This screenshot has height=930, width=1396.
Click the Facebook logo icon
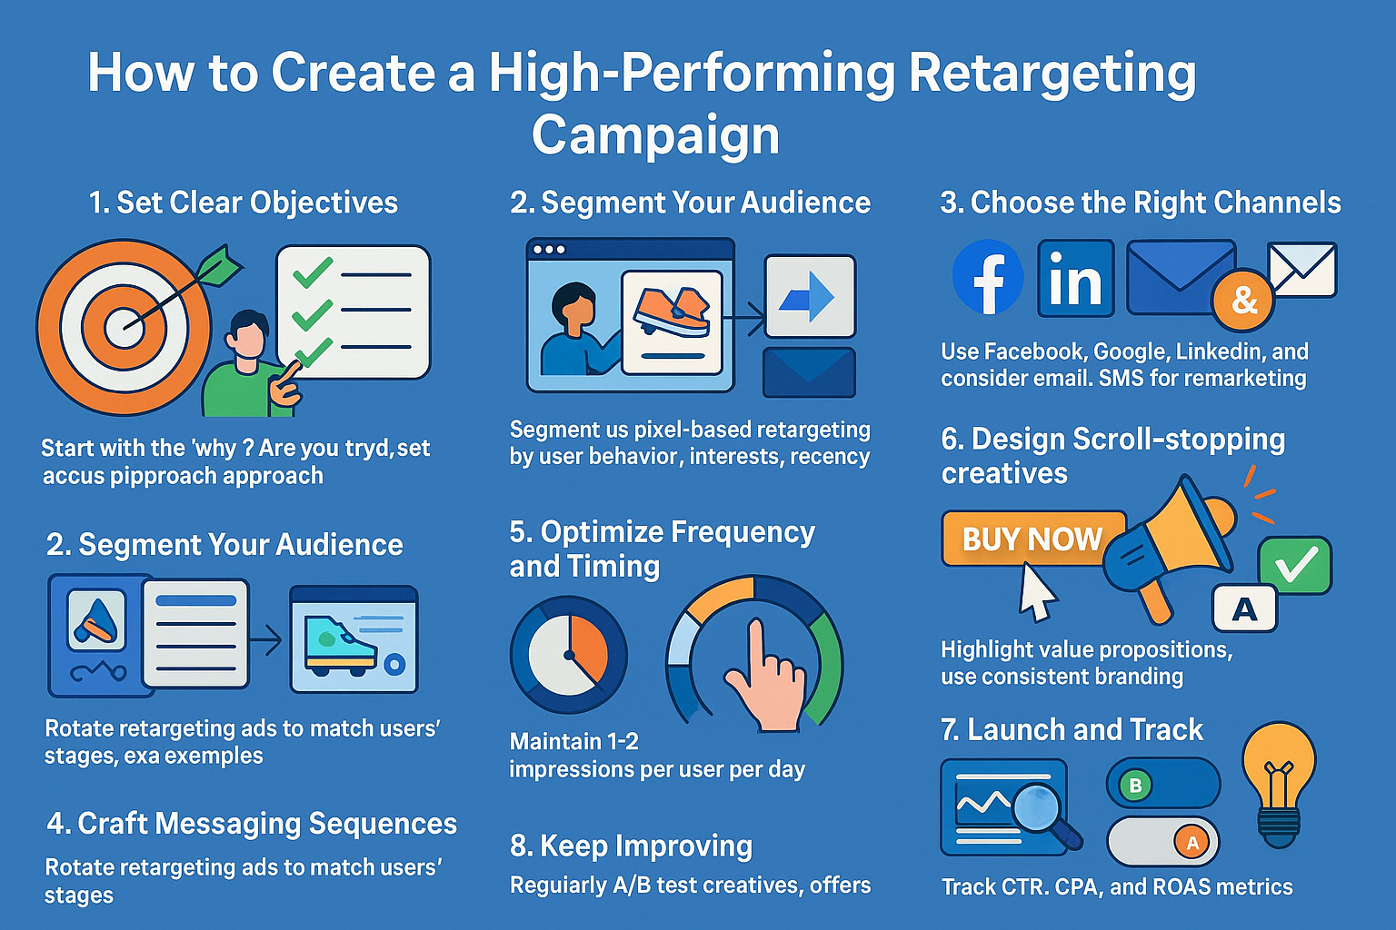[x=987, y=277]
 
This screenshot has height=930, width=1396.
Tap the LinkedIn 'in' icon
[x=1075, y=278]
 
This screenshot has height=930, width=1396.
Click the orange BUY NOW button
[x=1032, y=539]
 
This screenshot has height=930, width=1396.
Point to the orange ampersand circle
[x=1243, y=300]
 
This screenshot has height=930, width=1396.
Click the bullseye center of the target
[x=125, y=326]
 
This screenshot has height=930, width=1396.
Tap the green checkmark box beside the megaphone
[x=1295, y=566]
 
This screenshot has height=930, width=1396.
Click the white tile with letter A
[x=1244, y=608]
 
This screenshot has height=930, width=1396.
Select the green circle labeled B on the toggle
[x=1135, y=785]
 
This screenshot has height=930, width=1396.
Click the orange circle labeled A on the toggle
[x=1192, y=842]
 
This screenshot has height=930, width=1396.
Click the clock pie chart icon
[x=569, y=654]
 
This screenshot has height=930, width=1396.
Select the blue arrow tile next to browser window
[x=809, y=296]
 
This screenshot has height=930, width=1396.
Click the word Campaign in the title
[x=655, y=136]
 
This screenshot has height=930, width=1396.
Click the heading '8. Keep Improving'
[x=631, y=846]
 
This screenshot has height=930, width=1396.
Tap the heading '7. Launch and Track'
[x=1072, y=729]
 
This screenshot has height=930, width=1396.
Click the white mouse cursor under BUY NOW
[x=1036, y=591]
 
